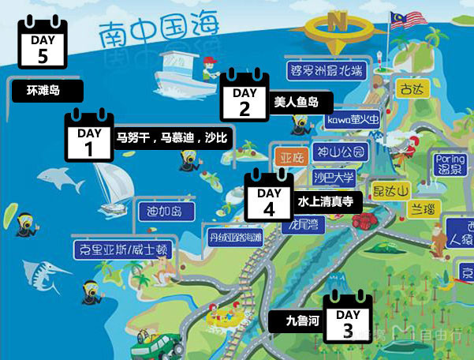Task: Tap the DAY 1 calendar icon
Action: click(x=88, y=139)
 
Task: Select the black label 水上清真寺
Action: click(x=329, y=202)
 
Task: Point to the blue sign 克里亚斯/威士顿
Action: click(x=125, y=249)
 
